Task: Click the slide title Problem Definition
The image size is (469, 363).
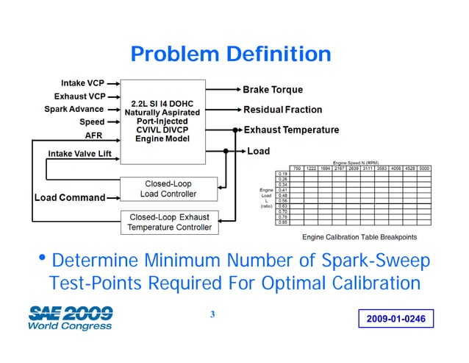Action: (x=230, y=54)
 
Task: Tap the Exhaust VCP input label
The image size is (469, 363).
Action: (x=79, y=96)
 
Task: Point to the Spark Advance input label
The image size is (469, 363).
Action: (x=74, y=109)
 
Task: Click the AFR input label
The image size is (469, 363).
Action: (x=93, y=135)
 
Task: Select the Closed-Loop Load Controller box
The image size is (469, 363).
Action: (x=170, y=188)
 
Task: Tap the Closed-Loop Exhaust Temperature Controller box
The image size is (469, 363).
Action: (x=170, y=222)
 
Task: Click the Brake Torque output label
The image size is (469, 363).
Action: (x=273, y=90)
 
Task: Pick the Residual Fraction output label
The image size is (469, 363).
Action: (x=282, y=110)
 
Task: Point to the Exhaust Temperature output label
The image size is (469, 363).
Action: (x=291, y=130)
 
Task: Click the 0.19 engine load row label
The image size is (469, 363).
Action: (x=282, y=174)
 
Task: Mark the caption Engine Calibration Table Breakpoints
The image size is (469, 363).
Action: (x=359, y=237)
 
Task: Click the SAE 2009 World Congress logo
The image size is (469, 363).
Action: (x=71, y=317)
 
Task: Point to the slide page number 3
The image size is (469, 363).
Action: (x=212, y=316)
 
